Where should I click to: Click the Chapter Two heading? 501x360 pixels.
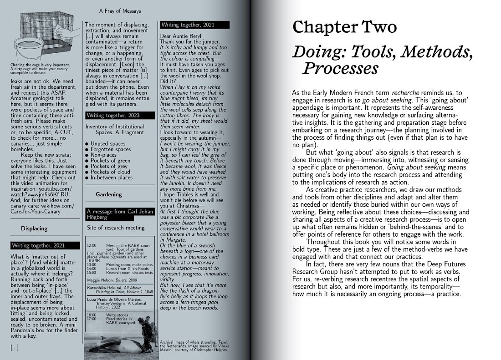[344, 28]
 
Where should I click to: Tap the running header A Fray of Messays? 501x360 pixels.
[120, 10]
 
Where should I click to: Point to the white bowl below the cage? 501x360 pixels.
[29, 50]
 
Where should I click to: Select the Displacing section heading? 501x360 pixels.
[34, 228]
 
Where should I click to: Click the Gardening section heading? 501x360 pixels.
[109, 194]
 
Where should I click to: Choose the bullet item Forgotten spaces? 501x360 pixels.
[111, 149]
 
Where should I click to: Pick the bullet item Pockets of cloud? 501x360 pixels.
[110, 172]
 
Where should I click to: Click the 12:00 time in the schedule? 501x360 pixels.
[91, 245]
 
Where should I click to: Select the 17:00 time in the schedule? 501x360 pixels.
[91, 319]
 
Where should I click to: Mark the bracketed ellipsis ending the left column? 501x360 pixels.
[15, 347]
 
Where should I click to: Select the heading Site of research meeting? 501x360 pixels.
[116, 228]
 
